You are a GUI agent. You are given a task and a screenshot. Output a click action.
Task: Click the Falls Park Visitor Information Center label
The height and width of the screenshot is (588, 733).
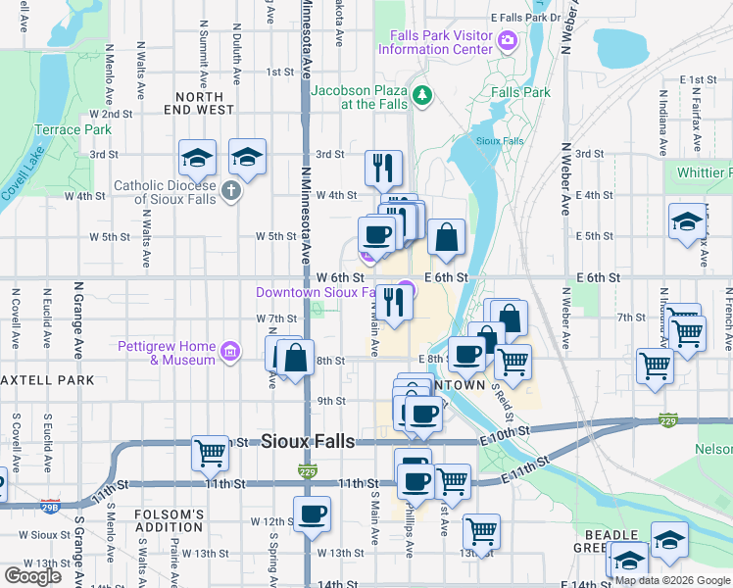(x=440, y=42)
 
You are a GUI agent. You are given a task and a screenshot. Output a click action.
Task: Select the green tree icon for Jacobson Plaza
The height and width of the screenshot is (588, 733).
(x=422, y=95)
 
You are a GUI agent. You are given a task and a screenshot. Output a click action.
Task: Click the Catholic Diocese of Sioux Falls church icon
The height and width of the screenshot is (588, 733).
(x=230, y=190)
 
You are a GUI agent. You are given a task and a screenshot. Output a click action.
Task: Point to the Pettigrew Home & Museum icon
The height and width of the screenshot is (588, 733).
(x=229, y=351)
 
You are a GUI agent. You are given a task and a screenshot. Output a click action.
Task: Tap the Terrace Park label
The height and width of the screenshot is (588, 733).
(x=73, y=129)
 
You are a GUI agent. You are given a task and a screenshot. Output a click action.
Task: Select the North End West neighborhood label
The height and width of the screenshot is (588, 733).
(x=206, y=104)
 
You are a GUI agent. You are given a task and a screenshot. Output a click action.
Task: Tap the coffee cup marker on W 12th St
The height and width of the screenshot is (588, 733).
(x=312, y=513)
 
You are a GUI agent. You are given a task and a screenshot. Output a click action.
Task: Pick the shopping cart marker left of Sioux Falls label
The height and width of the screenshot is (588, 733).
(x=210, y=452)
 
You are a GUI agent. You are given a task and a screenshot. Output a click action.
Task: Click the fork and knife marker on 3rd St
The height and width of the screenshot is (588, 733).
(x=383, y=167)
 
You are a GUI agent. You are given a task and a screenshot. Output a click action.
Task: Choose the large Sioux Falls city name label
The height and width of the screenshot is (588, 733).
(x=308, y=442)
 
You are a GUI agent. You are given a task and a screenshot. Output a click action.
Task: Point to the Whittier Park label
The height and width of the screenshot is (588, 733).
(x=705, y=172)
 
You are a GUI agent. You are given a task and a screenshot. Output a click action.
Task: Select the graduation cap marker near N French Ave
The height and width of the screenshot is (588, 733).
(x=687, y=221)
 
